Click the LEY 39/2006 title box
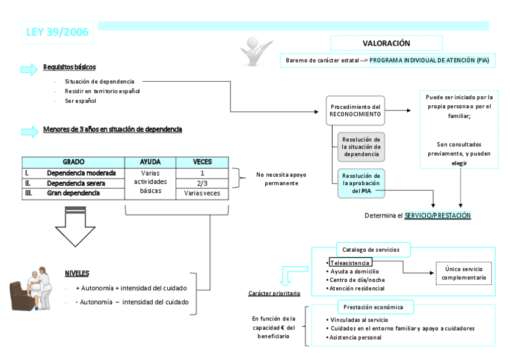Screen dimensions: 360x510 click(x=58, y=32)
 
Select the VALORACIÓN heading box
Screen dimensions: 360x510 click(x=386, y=43)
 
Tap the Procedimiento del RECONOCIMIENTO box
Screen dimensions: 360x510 click(x=355, y=110)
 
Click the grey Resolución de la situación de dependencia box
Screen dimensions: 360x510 click(x=361, y=147)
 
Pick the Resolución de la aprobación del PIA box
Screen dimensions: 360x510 click(x=361, y=183)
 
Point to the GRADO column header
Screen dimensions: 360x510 click(x=73, y=162)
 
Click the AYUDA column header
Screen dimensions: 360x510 click(x=150, y=162)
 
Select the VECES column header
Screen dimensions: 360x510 click(x=202, y=162)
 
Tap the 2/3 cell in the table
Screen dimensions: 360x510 click(x=202, y=183)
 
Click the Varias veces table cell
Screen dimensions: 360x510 click(x=202, y=194)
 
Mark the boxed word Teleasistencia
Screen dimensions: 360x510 click(x=351, y=263)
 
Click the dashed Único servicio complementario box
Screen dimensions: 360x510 click(x=464, y=273)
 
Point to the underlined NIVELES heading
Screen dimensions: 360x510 click(x=77, y=273)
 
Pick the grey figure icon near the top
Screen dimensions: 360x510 click(x=256, y=50)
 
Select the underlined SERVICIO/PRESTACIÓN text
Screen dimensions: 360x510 click(x=437, y=215)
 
